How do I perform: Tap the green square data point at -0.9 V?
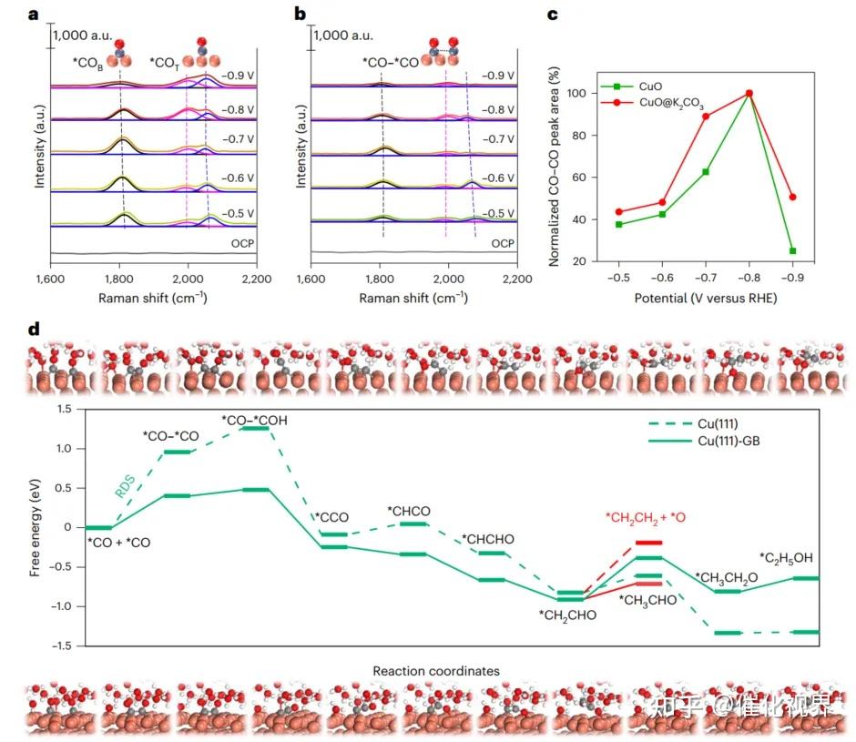click(793, 251)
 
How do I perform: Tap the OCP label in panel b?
click(503, 244)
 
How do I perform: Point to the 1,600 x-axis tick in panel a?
click(50, 279)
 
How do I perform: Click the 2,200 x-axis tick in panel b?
click(516, 279)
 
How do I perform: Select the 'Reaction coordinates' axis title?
click(436, 671)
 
